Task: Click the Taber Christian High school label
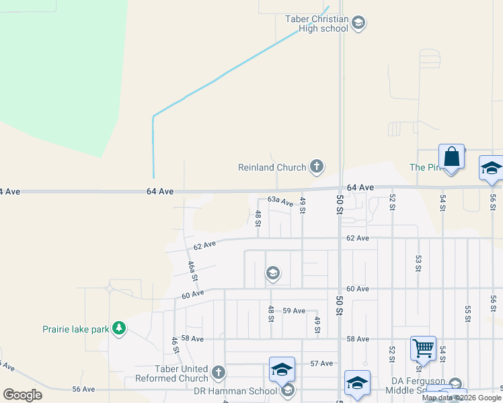point(317,24)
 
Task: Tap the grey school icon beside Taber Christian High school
point(359,24)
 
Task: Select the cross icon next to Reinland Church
point(317,167)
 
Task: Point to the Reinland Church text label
point(272,167)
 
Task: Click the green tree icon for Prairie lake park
point(119,328)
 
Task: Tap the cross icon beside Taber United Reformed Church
point(218,372)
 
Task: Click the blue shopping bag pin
point(452,157)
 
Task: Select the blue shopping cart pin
point(423,348)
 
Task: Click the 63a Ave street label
point(280,201)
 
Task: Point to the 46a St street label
point(193,271)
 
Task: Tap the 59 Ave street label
point(294,310)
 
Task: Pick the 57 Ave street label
point(321,363)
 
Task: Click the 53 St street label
point(418,263)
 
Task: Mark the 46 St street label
point(175,345)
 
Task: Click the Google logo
point(22,394)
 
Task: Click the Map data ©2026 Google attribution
point(461,398)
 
